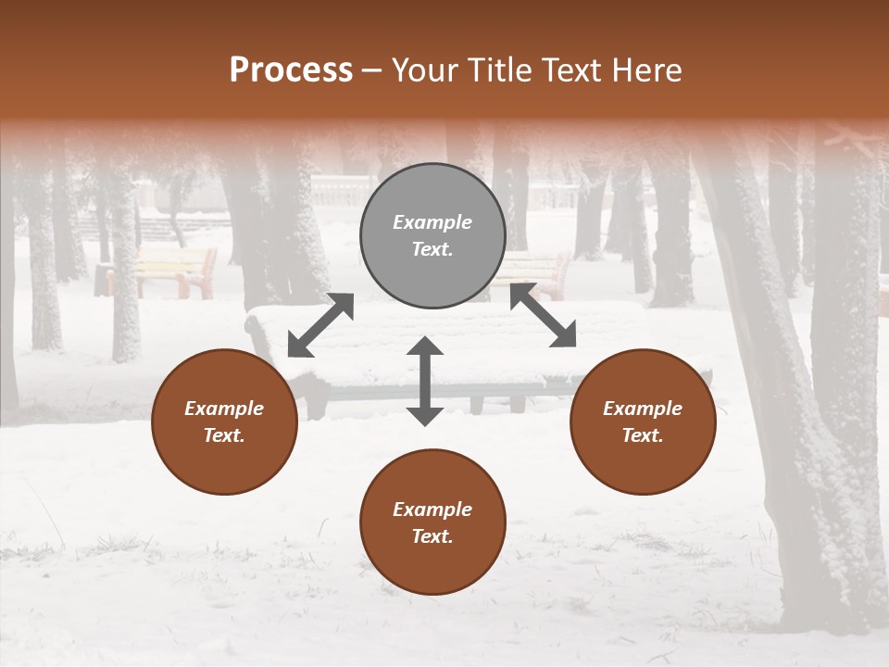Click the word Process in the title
pyautogui.click(x=291, y=70)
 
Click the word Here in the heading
pyautogui.click(x=647, y=70)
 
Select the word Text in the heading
pyautogui.click(x=572, y=70)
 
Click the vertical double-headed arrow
pyautogui.click(x=425, y=381)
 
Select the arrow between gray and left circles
pyautogui.click(x=320, y=325)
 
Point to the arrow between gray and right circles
pyautogui.click(x=543, y=316)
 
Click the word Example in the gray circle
pyautogui.click(x=432, y=222)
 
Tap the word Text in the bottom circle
pyautogui.click(x=432, y=536)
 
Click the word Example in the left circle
pyautogui.click(x=224, y=409)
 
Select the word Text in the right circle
pyautogui.click(x=643, y=435)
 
